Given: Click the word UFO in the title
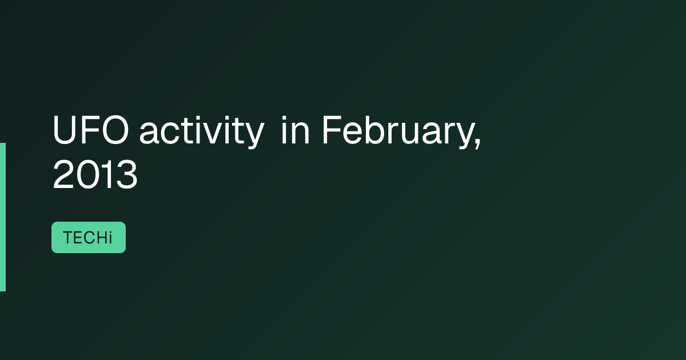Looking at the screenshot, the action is click(x=91, y=130).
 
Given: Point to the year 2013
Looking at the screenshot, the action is click(x=95, y=174).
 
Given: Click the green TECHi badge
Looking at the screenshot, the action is click(x=89, y=238).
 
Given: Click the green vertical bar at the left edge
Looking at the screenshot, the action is click(x=3, y=217).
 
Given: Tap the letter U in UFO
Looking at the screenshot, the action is click(x=64, y=130).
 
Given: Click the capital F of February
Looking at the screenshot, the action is click(x=332, y=130).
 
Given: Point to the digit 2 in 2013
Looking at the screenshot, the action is click(x=63, y=174).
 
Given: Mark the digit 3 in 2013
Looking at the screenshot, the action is click(x=126, y=174).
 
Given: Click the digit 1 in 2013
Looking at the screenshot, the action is click(x=106, y=174).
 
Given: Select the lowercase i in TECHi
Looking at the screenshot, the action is click(x=110, y=238).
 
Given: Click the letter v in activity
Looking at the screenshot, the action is click(x=215, y=134).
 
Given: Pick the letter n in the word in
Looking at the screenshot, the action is click(x=300, y=133).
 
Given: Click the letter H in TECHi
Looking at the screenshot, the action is click(x=101, y=238).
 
